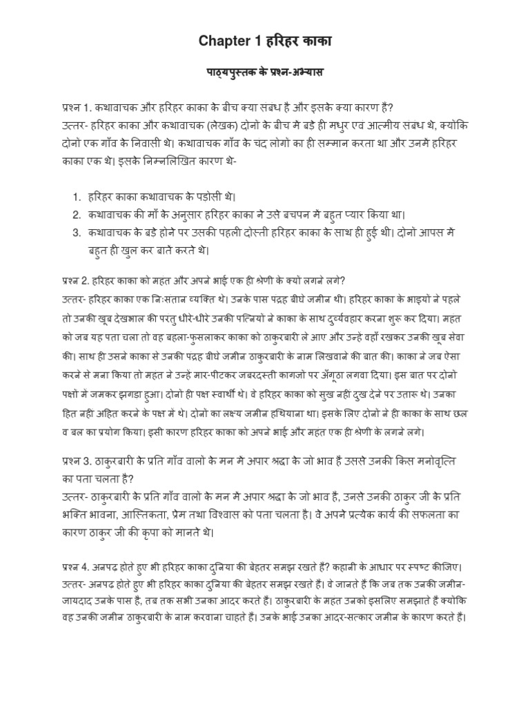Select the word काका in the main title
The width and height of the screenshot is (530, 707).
point(314,42)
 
